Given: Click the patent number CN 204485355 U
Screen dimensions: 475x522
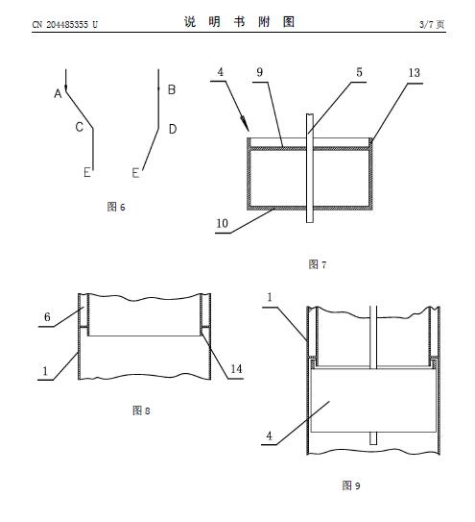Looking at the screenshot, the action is click(x=65, y=24).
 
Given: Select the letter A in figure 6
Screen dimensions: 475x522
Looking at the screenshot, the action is click(x=58, y=94).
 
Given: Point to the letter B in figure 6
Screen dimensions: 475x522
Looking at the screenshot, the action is click(x=172, y=89).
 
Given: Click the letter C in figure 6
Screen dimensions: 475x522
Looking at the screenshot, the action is click(x=79, y=127).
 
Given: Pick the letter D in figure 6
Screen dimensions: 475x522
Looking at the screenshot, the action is click(x=173, y=129).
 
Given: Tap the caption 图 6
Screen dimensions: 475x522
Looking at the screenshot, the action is click(x=116, y=207).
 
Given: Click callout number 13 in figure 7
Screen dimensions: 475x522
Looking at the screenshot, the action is click(x=415, y=72).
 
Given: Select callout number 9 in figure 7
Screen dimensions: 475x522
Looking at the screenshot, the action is click(x=260, y=72).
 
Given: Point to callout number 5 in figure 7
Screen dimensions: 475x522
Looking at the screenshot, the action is click(x=359, y=72).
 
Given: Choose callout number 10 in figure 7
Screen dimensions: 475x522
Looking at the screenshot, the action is click(x=222, y=223).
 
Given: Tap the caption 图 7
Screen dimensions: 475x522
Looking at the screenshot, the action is click(x=318, y=264).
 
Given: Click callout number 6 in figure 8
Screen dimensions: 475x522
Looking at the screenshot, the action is click(x=47, y=317).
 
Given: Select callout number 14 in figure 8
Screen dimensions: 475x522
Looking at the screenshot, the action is click(x=236, y=369).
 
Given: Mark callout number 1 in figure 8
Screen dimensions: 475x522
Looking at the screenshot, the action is click(x=45, y=371).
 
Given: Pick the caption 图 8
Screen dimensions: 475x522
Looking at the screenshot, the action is click(x=141, y=410).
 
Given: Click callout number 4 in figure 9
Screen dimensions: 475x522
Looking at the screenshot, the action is click(x=270, y=435).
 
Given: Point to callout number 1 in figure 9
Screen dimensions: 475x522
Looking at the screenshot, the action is click(x=270, y=297).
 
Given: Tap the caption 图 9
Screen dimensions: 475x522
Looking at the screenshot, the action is click(x=351, y=485).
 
